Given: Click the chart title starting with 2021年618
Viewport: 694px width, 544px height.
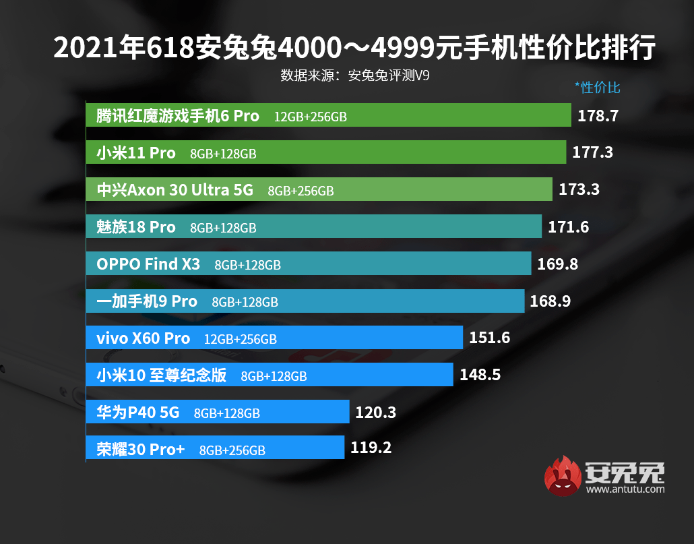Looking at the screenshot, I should tap(354, 49).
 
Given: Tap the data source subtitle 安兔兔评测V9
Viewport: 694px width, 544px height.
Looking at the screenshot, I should tap(355, 75).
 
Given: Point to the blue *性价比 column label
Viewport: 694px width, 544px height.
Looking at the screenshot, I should tap(597, 88).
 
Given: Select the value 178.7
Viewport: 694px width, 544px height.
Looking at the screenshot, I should tap(598, 116).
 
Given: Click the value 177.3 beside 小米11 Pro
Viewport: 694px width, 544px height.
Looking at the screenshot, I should tap(592, 152).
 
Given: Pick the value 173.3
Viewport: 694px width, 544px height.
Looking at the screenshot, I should tap(579, 190).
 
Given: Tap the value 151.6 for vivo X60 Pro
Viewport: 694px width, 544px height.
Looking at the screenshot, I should tap(489, 338).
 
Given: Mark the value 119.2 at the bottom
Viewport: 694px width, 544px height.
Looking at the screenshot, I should tap(371, 447).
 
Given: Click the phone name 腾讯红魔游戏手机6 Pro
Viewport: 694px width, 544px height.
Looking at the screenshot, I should tap(178, 116).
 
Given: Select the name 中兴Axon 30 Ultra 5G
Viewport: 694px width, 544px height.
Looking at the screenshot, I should tap(175, 190).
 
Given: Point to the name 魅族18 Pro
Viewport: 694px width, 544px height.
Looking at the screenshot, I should tap(136, 227).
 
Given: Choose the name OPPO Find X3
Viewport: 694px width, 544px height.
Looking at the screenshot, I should tap(148, 264).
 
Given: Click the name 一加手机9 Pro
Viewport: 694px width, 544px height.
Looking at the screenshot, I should tap(147, 301).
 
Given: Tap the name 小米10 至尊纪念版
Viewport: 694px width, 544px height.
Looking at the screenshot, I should tap(162, 375).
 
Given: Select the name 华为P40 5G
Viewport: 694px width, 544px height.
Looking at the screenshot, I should tap(138, 412).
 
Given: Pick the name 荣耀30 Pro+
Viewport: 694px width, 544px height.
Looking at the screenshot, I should tap(141, 449).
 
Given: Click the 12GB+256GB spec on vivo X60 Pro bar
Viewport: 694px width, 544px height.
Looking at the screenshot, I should tap(240, 339).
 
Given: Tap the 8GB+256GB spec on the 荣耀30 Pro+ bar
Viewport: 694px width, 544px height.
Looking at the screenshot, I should tap(232, 450).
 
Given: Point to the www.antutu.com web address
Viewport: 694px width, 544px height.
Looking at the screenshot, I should tap(625, 489).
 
